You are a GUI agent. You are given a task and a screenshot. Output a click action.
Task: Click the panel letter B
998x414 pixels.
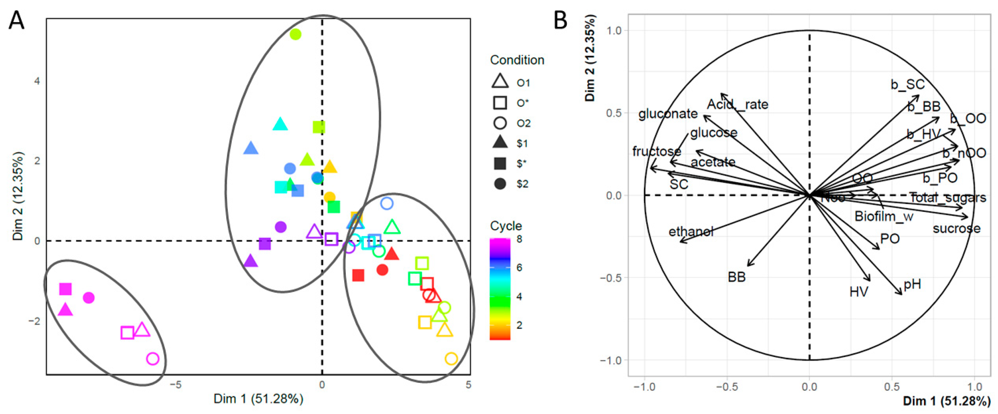pos(560,21)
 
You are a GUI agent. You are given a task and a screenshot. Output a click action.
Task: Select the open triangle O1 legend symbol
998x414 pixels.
pos(500,82)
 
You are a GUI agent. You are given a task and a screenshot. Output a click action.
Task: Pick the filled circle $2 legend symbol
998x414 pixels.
pos(500,183)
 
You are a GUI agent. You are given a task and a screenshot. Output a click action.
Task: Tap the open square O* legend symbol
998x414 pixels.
pos(500,103)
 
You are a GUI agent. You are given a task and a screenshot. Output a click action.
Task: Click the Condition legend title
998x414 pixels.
pos(517,60)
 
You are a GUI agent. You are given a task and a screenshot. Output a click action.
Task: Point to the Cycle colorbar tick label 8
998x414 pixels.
pos(519,239)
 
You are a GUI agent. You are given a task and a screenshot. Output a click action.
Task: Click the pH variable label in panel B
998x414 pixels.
pos(912,285)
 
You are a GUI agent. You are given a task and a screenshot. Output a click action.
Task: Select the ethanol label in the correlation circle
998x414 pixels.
pos(691,232)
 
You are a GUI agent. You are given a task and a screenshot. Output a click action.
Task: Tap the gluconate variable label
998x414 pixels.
pos(668,114)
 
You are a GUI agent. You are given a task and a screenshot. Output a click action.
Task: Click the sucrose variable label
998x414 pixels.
pos(956,229)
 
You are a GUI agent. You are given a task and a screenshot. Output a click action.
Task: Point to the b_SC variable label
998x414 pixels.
pos(907,85)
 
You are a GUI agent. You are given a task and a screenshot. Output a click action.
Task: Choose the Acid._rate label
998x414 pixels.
pos(737,104)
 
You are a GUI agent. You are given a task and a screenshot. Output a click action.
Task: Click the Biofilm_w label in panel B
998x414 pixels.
pos(884,216)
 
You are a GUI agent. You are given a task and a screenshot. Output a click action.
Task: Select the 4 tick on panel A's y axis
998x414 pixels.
pos(37,81)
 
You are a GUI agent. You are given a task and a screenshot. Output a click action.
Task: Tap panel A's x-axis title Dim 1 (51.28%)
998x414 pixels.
pos(258,399)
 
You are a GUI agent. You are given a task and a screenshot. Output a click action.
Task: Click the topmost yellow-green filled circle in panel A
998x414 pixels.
pos(296,34)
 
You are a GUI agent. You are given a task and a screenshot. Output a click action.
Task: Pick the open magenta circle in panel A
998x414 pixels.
pos(153,359)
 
